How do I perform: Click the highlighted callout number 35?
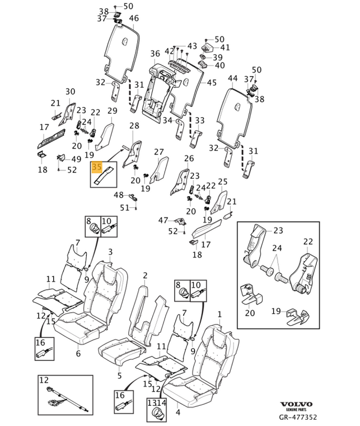pyautogui.click(x=97, y=167)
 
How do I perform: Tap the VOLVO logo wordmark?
pyautogui.click(x=296, y=404)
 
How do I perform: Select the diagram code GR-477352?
pyautogui.click(x=298, y=417)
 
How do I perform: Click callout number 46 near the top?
pyautogui.click(x=134, y=18)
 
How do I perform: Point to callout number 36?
pyautogui.click(x=155, y=53)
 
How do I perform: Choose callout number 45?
pyautogui.click(x=212, y=82)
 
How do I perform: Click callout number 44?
pyautogui.click(x=232, y=78)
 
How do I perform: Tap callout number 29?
pyautogui.click(x=112, y=110)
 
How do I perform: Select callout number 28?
pyautogui.click(x=134, y=126)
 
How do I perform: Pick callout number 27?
pyautogui.click(x=159, y=151)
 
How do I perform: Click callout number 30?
pyautogui.click(x=70, y=91)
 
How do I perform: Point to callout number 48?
pyautogui.click(x=119, y=195)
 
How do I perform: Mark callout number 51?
pyautogui.click(x=125, y=208)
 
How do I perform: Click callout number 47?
pyautogui.click(x=163, y=220)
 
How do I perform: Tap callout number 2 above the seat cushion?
pyautogui.click(x=145, y=275)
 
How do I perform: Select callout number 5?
pyautogui.click(x=120, y=376)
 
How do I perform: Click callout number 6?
pyautogui.click(x=78, y=354)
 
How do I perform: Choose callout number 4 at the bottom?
pyautogui.click(x=177, y=413)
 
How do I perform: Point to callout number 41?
pyautogui.click(x=225, y=47)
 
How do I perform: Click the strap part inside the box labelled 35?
pyautogui.click(x=104, y=177)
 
